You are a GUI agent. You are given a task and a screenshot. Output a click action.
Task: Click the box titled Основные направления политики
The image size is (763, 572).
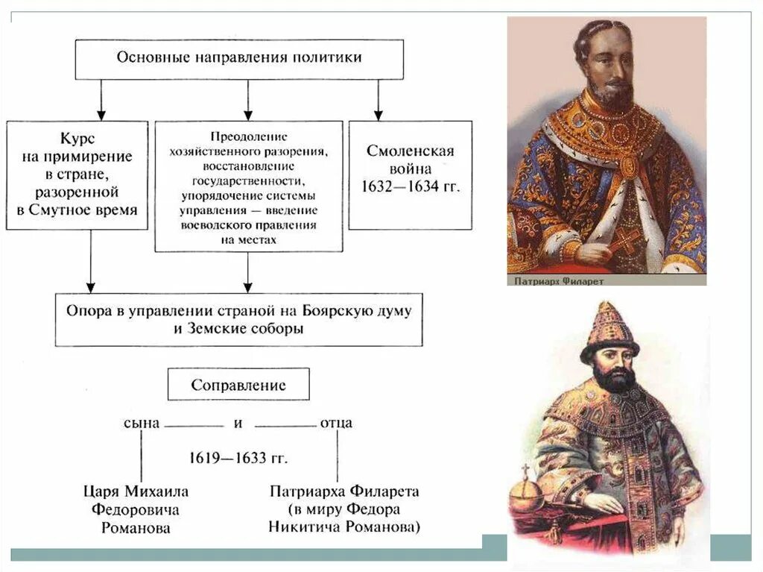click(x=238, y=59)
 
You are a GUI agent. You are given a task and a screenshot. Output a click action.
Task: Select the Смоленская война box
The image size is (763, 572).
click(x=410, y=175)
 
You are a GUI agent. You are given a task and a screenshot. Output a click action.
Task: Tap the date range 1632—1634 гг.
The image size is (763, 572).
click(x=410, y=186)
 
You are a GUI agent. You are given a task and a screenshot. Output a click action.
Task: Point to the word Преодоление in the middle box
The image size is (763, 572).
click(x=248, y=136)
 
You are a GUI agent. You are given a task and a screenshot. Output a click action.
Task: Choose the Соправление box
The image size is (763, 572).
click(x=238, y=385)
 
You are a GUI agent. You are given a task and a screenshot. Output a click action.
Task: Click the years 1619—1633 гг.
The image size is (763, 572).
click(x=238, y=457)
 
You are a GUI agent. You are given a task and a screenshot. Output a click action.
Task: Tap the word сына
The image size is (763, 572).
click(x=142, y=423)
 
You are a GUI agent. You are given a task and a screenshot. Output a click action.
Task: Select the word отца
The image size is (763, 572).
click(x=336, y=423)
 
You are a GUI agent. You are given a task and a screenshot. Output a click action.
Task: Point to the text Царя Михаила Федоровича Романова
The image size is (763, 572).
click(x=136, y=509)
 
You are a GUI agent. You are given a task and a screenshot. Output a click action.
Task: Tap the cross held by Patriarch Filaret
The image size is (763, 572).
click(x=625, y=241)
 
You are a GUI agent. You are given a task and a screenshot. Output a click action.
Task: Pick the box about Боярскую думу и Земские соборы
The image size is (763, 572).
click(x=238, y=319)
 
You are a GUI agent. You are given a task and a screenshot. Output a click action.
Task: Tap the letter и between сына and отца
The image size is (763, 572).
click(x=238, y=423)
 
